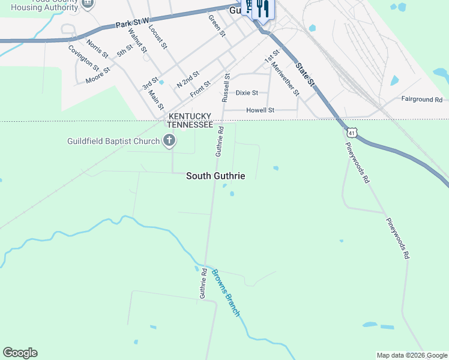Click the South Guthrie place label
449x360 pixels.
(215, 176)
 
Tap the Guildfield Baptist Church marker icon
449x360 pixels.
(169, 142)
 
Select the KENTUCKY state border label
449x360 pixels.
(190, 116)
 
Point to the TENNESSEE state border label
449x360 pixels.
(190, 124)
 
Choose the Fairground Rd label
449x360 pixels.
(421, 99)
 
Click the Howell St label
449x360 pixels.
(261, 110)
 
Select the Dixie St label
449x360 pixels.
(247, 93)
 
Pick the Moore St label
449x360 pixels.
(98, 74)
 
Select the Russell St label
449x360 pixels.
(226, 86)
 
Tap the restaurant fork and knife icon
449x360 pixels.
(262, 9)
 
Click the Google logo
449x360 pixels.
(20, 353)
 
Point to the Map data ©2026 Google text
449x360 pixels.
(412, 355)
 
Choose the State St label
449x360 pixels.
(305, 76)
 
